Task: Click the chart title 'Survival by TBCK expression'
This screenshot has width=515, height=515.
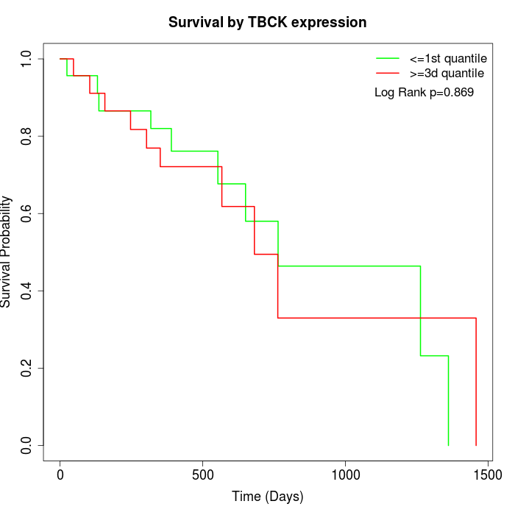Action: click(267, 22)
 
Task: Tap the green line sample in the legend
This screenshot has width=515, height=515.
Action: click(387, 57)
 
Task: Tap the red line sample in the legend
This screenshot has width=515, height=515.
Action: click(387, 73)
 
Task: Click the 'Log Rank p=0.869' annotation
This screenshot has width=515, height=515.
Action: click(424, 92)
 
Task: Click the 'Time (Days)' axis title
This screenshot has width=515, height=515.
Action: click(267, 497)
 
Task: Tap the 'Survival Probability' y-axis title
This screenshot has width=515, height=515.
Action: click(7, 252)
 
